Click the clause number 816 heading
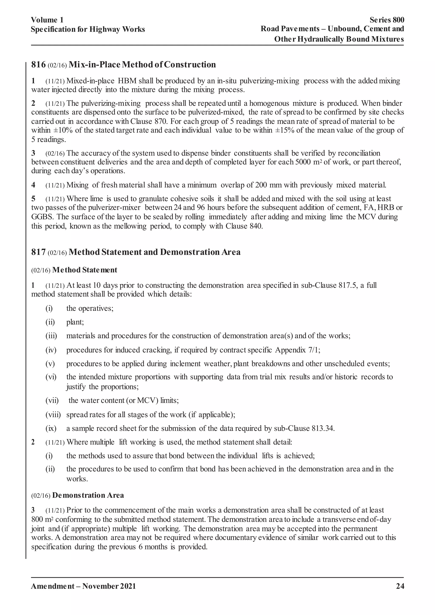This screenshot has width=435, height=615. point(38,65)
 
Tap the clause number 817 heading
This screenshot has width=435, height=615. point(38,252)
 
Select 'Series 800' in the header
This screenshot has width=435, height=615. point(387,20)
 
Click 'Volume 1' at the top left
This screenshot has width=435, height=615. point(47,20)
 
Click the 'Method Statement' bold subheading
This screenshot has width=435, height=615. point(85,270)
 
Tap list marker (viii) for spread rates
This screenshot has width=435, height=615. point(53,415)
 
